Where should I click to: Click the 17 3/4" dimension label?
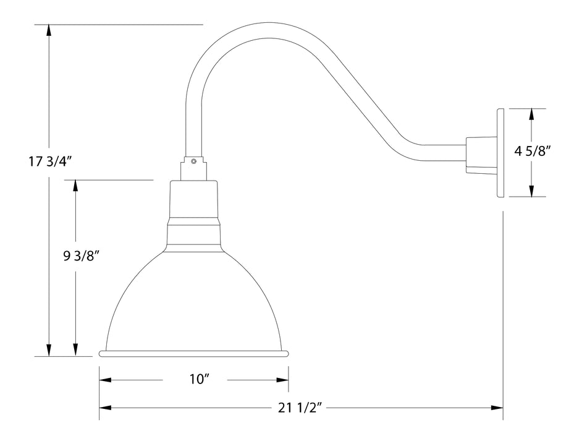click(51, 162)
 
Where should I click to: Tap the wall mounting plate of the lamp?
click(500, 153)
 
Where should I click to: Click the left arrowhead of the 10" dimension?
click(106, 380)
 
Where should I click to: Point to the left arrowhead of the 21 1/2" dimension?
click(106, 408)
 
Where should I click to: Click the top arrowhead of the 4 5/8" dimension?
click(531, 114)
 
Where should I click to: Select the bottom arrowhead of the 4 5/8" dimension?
click(531, 191)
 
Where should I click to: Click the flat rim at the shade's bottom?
click(194, 354)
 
